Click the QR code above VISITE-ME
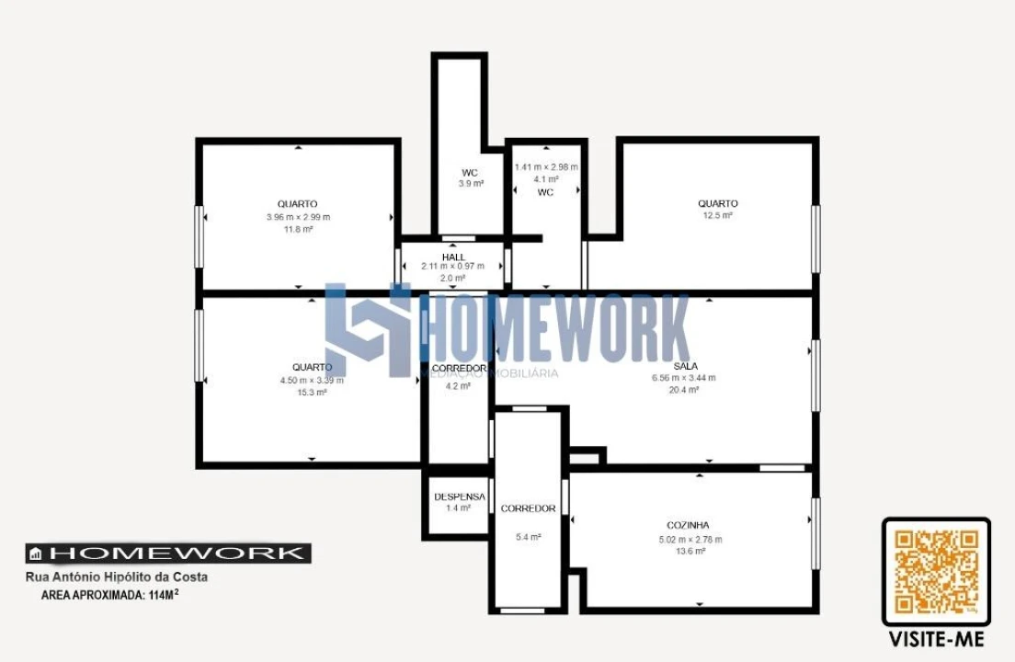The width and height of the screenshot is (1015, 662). pos(936,572)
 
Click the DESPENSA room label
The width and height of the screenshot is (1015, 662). pos(459,496)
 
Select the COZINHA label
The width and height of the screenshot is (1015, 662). pos(688,525)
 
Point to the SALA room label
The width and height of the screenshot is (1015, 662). pos(685,366)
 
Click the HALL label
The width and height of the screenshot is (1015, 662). pos(452,257)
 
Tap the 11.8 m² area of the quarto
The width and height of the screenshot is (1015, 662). pos(298,229)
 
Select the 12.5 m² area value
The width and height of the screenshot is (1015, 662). pos(717,215)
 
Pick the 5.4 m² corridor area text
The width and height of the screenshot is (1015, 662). pos(528,537)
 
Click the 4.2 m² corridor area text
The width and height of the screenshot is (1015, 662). pos(458,386)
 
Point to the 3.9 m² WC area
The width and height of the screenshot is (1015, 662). pos(471,184)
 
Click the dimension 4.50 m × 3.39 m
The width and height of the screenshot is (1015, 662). pos(312,381)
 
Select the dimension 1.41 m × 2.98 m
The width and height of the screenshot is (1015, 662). pos(546,167)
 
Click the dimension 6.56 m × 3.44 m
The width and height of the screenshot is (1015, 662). pos(684,378)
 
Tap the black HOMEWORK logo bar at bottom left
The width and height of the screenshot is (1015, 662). pos(167,553)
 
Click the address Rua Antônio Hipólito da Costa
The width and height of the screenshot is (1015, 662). pos(116,577)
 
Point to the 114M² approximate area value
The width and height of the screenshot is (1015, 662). pos(161,595)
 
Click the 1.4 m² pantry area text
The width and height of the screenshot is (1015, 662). pos(458,508)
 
